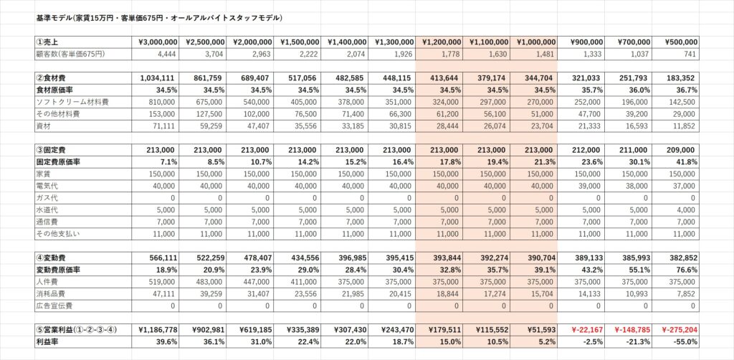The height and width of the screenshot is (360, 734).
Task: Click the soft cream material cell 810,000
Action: pos(157,102)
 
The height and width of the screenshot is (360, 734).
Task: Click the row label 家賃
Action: pos(44,174)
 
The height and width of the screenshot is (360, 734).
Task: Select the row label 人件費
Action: pos(48,282)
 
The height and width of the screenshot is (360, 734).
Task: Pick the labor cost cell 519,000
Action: pos(157,282)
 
